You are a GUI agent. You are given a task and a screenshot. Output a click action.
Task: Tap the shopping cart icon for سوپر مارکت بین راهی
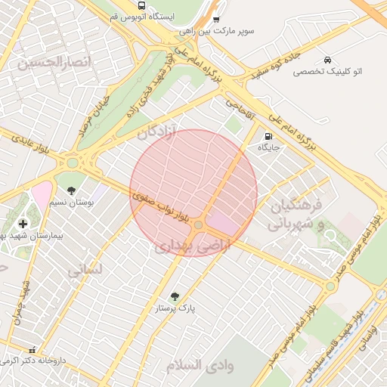coord(217,20)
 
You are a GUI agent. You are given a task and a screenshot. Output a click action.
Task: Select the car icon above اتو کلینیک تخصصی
coord(327,59)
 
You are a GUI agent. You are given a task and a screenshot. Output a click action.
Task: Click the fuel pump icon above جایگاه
coord(268,136)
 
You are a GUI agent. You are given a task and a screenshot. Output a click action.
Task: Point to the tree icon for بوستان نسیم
coord(71,190)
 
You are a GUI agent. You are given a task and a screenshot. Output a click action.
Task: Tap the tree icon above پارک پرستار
coord(175,297)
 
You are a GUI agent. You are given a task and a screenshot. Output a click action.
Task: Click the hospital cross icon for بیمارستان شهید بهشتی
coord(23,223)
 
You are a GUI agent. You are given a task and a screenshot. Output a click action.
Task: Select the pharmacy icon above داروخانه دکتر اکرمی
coord(32,350)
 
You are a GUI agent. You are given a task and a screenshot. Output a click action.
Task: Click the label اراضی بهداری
coord(184,246)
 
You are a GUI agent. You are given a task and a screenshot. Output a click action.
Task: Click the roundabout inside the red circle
coord(198,224)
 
